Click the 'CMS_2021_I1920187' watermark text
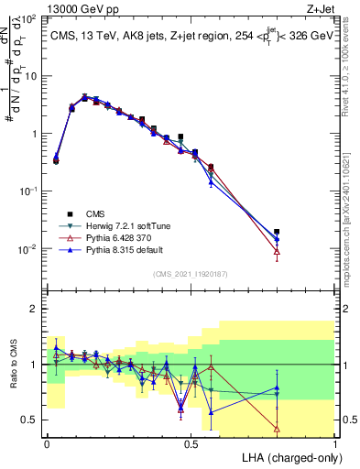pyautogui.click(x=191, y=274)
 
